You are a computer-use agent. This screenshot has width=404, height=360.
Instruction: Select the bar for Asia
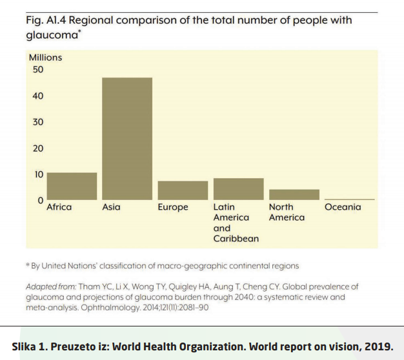(127, 139)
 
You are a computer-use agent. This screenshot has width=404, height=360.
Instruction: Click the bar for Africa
(72, 186)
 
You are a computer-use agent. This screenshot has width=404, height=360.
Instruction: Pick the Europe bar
(183, 190)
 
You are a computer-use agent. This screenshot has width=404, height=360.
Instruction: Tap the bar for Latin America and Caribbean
(238, 189)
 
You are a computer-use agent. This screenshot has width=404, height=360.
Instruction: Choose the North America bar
(294, 194)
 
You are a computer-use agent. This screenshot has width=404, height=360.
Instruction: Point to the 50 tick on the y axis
(37, 70)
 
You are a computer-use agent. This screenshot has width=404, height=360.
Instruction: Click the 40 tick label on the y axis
(37, 96)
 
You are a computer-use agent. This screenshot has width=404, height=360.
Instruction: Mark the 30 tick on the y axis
(37, 122)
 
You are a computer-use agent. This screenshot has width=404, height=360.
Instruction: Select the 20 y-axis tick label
(37, 148)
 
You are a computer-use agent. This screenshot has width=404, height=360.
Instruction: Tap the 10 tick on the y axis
(37, 174)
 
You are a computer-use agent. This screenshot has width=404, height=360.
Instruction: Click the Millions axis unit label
(45, 57)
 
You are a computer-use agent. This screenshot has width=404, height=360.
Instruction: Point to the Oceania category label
(343, 207)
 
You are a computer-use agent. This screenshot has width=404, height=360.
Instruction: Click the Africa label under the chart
(59, 207)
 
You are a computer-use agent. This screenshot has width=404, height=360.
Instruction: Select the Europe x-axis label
(173, 207)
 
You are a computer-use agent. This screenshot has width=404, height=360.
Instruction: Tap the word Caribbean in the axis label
(236, 239)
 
